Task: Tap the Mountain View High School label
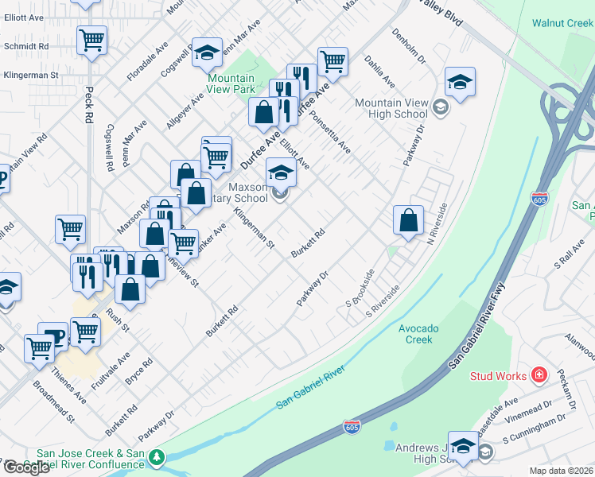coord(391,108)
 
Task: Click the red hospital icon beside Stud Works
coord(539,374)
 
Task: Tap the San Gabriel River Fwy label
coord(477,329)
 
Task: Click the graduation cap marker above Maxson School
coord(280,171)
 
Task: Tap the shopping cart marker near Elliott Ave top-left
coord(92,39)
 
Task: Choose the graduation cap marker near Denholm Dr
coord(460,81)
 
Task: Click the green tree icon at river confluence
coord(157,456)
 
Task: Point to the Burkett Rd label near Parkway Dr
coord(309,243)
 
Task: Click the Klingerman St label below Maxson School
coord(254,229)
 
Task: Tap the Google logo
coord(25,467)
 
